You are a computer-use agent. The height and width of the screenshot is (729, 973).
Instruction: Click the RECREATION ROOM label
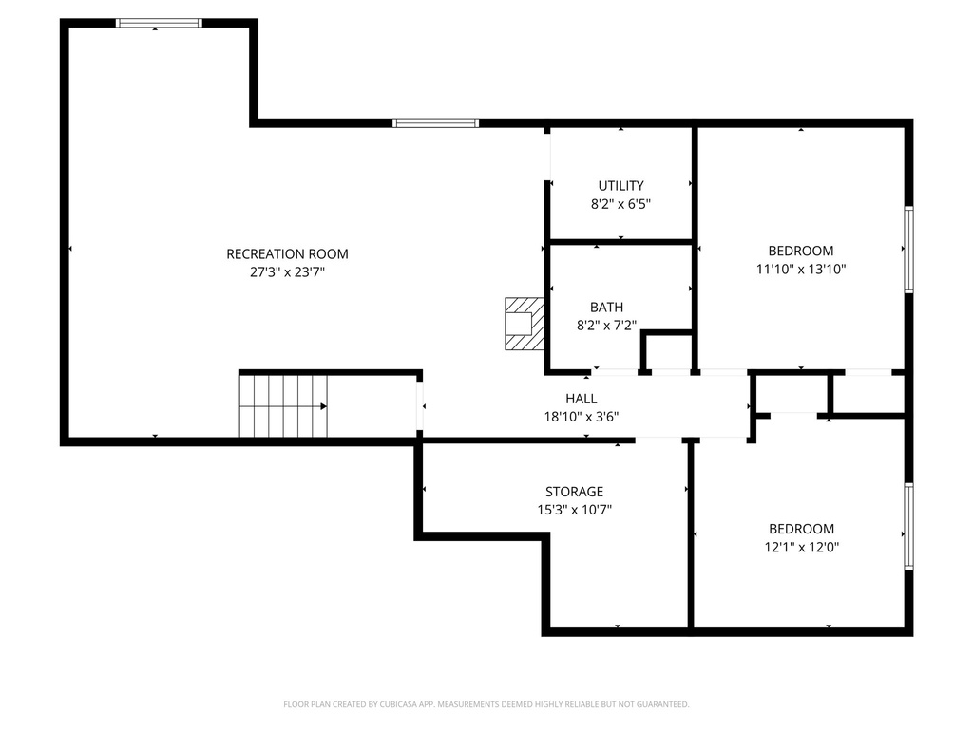[287, 254]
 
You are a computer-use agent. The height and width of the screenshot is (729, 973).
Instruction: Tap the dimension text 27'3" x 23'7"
[287, 271]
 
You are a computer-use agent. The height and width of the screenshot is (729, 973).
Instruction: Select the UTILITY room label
[620, 186]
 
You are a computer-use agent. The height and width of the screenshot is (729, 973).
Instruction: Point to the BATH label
[606, 307]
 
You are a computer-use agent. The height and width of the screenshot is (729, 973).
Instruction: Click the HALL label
[581, 399]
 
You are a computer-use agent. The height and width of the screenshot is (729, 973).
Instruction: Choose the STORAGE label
[574, 492]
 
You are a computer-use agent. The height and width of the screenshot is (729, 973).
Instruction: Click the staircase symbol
[283, 406]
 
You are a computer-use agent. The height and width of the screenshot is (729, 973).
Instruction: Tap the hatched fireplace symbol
[524, 323]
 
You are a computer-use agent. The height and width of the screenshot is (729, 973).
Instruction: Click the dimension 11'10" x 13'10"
[800, 269]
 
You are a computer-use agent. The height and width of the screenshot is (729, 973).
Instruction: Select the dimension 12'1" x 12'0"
[800, 547]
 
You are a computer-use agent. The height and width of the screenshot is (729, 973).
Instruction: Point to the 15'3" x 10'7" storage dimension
[574, 510]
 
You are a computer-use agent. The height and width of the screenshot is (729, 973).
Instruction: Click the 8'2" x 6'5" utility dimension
[620, 203]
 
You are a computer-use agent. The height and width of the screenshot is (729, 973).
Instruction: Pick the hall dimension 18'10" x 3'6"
[581, 416]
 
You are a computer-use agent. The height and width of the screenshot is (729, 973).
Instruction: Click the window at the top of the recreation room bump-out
[159, 23]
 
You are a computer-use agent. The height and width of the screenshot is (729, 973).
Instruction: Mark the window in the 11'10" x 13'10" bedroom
[908, 250]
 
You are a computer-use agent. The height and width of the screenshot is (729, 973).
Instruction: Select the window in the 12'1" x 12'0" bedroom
[908, 526]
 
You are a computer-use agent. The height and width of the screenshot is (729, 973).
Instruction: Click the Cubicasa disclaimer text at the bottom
[486, 704]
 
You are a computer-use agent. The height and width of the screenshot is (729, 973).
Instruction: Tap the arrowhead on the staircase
[324, 406]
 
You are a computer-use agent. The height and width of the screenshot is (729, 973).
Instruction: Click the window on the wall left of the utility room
[435, 122]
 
